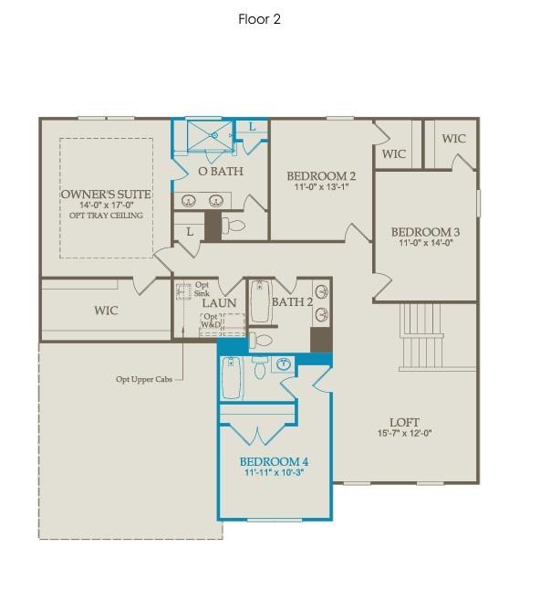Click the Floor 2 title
point(259,19)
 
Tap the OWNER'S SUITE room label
point(106,195)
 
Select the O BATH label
point(220,172)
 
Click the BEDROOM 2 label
point(321,176)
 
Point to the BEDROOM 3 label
point(426,232)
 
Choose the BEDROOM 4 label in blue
point(275,462)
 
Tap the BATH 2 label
point(293,302)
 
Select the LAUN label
point(220,303)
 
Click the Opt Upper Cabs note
point(147,379)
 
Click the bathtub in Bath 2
point(261,301)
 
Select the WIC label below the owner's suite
point(107,311)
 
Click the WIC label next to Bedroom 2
point(394,153)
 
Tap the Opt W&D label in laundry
point(211,321)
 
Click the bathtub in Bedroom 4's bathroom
point(233,378)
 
